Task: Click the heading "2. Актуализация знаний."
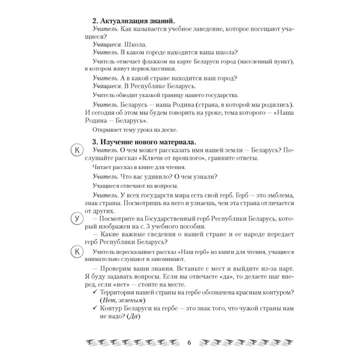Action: coord(133,21)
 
